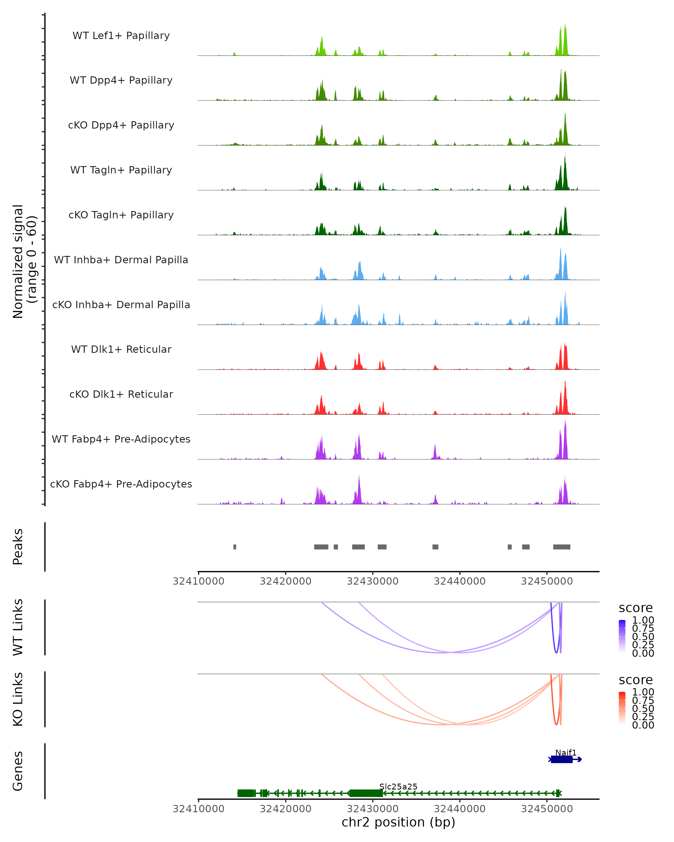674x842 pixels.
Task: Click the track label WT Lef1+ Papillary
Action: [x=121, y=36]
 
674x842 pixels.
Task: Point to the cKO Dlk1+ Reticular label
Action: [x=121, y=394]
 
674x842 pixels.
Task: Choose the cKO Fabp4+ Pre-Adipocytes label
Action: [x=121, y=484]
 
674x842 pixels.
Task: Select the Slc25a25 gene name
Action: [x=398, y=786]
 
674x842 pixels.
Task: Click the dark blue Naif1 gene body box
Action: [x=561, y=759]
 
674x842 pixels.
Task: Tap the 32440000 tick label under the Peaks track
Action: [x=459, y=581]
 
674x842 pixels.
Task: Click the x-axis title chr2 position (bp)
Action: [x=398, y=822]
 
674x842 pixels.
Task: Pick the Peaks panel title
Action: [x=18, y=547]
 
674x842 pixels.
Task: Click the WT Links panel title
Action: [x=18, y=627]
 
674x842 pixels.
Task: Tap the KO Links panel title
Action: [x=18, y=699]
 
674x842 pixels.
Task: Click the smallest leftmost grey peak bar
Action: [x=235, y=547]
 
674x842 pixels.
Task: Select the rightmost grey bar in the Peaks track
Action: [x=561, y=547]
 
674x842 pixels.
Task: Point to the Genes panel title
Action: [x=18, y=771]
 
